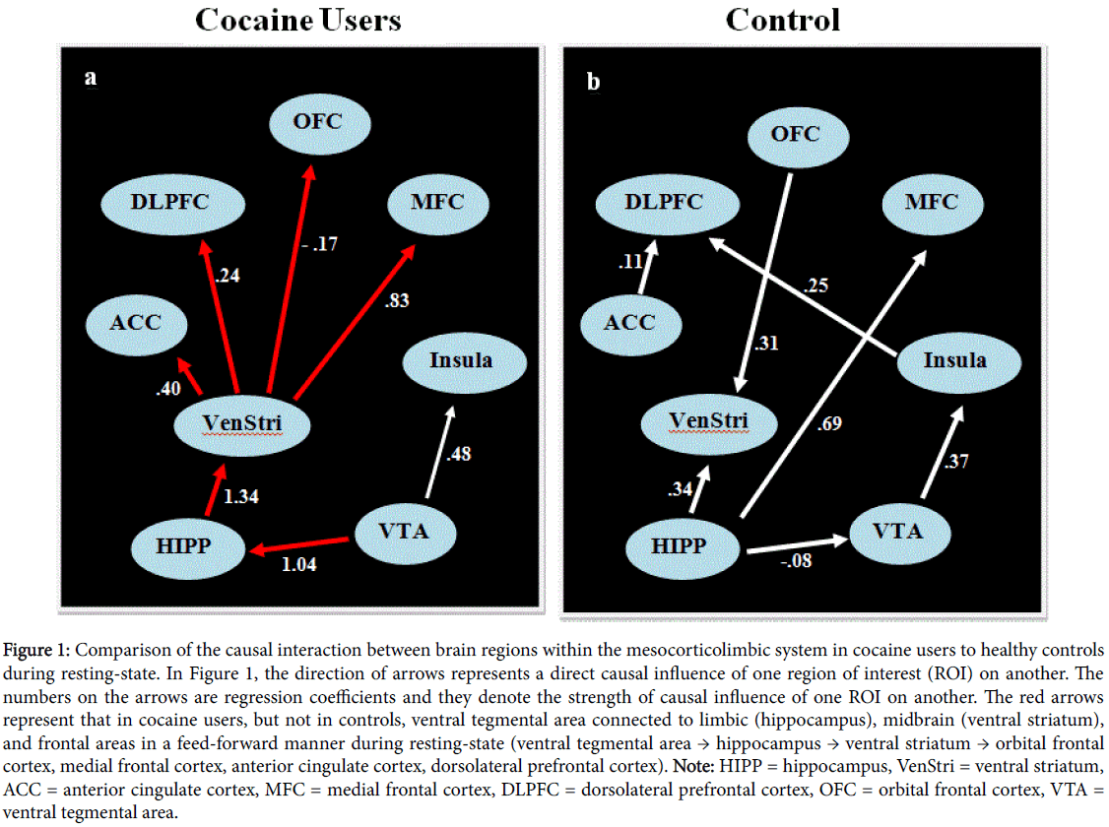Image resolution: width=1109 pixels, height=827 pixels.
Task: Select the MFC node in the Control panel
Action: [931, 202]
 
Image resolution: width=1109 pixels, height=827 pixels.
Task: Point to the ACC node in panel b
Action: [629, 322]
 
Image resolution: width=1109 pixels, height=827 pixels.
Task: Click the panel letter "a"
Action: [90, 79]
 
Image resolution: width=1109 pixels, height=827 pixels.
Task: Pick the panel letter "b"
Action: [593, 82]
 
